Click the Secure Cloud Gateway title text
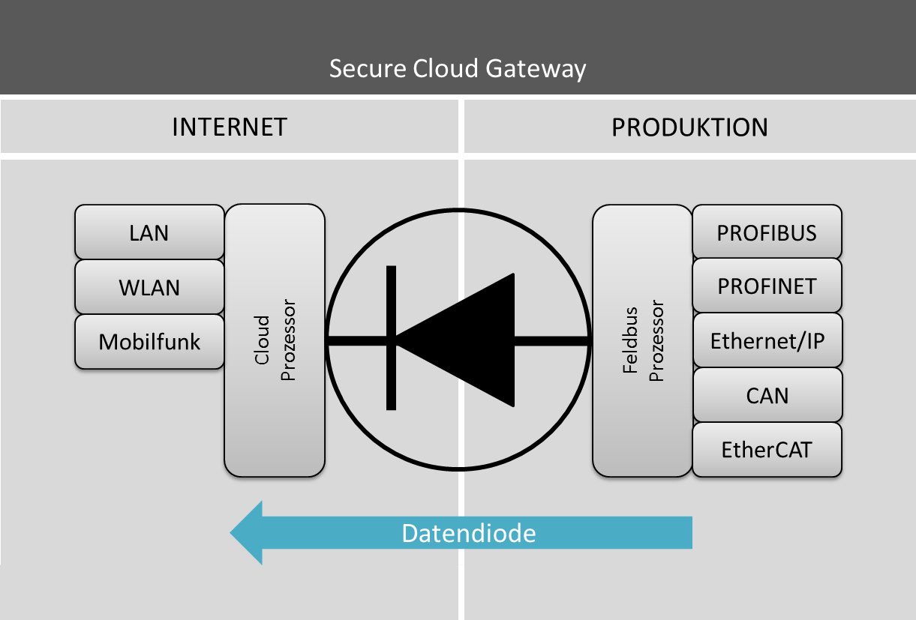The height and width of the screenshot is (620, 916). tap(458, 69)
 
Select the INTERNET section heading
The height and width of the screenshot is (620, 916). tap(230, 127)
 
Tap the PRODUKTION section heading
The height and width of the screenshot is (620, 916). tap(689, 127)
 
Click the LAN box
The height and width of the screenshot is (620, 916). tap(149, 232)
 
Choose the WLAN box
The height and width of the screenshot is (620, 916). tap(149, 287)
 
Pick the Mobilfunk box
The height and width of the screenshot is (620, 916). tap(149, 342)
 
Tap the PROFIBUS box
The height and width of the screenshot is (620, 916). tap(767, 232)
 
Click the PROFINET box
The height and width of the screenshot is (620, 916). tap(767, 286)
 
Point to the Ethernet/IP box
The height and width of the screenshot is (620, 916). tap(767, 341)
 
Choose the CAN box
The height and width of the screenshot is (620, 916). tap(767, 395)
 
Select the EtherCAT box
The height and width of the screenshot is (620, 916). tap(767, 450)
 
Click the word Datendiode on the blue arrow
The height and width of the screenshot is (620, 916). tap(469, 533)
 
